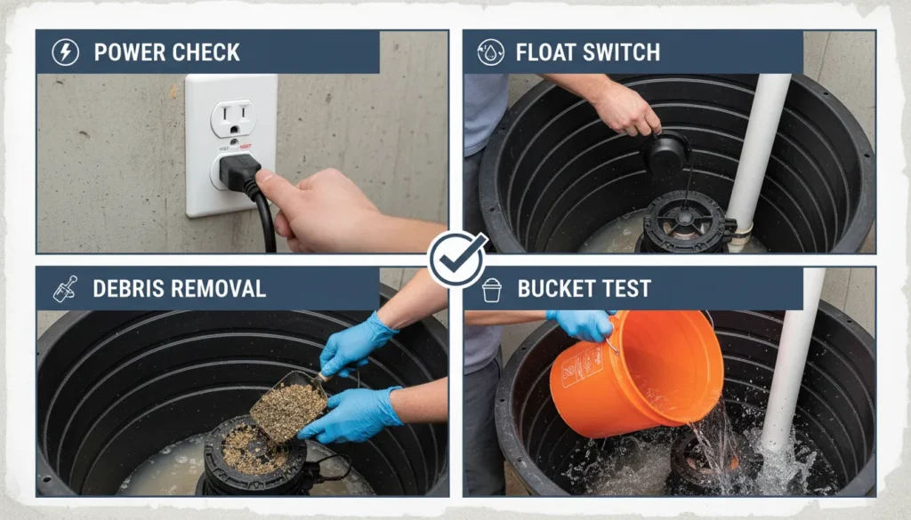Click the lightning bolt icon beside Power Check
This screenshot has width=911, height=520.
[65, 52]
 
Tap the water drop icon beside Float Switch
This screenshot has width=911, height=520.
[490, 52]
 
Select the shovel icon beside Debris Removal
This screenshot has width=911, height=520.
[65, 288]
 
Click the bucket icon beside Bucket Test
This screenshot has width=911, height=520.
[491, 289]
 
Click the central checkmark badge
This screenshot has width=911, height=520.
[456, 259]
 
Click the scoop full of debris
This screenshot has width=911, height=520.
[286, 409]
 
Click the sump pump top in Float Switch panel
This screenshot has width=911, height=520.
[685, 222]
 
